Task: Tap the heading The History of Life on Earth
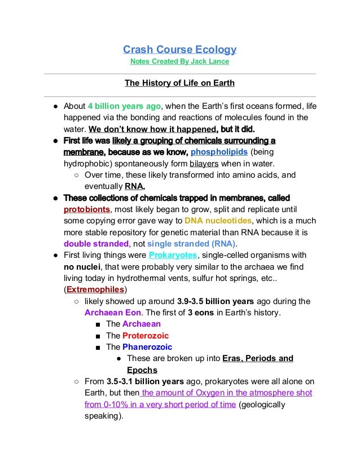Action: pyautogui.click(x=179, y=84)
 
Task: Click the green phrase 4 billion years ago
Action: pyautogui.click(x=125, y=105)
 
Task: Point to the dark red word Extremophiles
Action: pyautogui.click(x=93, y=290)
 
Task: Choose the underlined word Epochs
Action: pyautogui.click(x=142, y=370)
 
